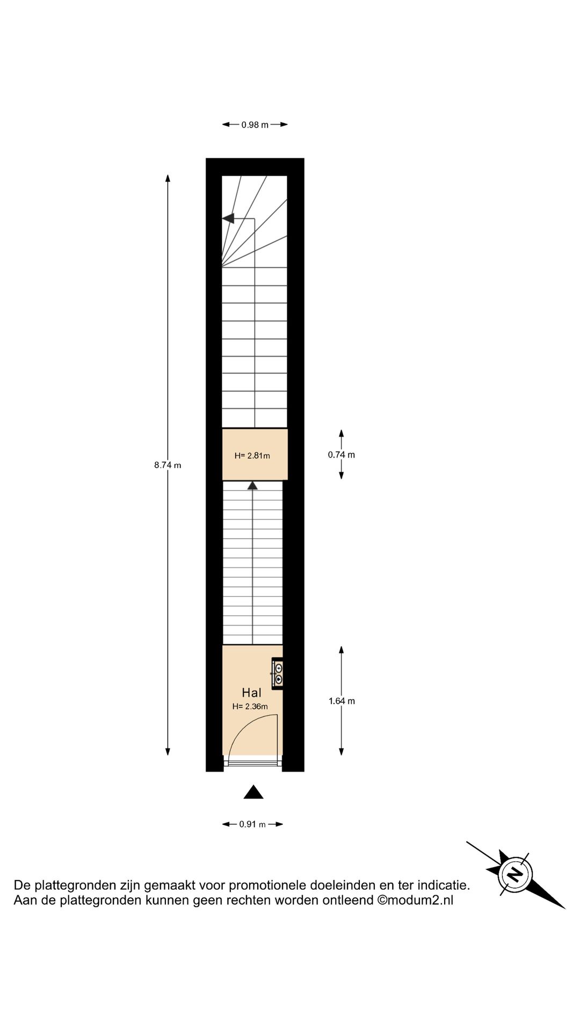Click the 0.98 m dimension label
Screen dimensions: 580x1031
255,125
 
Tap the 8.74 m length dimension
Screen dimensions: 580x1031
168,465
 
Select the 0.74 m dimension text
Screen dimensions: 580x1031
342,455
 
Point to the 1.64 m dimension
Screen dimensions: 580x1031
342,701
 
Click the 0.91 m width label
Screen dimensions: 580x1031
252,824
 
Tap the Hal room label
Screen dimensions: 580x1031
251,693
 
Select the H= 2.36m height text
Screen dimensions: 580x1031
250,707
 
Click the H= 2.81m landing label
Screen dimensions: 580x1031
252,456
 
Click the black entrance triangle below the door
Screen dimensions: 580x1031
253,793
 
